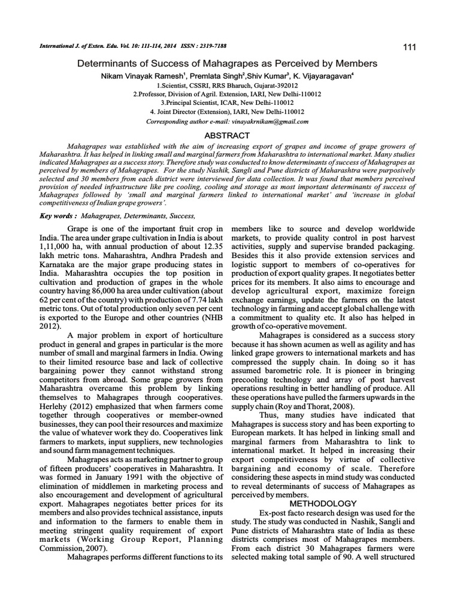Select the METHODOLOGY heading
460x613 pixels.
(x=323, y=503)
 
